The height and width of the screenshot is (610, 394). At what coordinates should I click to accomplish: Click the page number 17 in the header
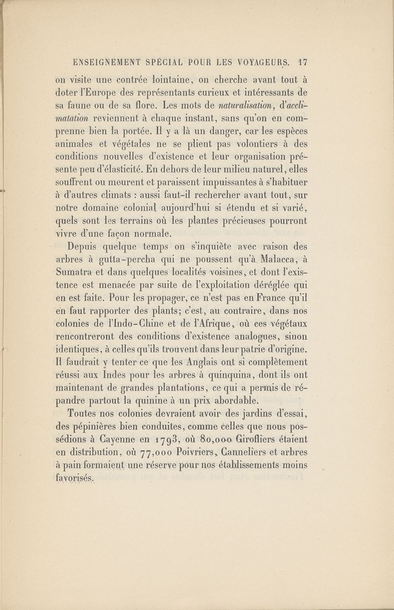tap(302, 62)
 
